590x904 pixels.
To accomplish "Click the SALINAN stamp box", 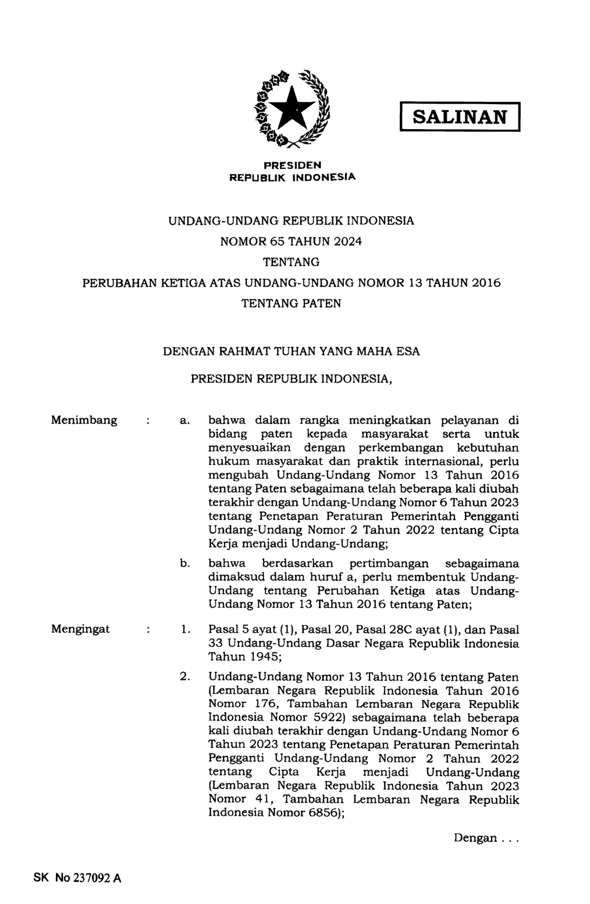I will (x=459, y=117).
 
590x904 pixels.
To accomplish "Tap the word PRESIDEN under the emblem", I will (x=292, y=165).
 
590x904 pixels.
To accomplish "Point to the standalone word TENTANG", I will (x=291, y=262).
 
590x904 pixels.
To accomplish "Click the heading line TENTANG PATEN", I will (x=291, y=304).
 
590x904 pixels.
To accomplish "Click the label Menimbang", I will (x=84, y=420).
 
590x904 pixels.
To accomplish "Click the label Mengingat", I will (x=81, y=629).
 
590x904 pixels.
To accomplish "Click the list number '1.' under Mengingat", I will (x=186, y=630).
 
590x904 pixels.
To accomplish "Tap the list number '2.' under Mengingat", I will (x=185, y=677).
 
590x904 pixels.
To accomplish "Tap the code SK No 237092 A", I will (x=77, y=878).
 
